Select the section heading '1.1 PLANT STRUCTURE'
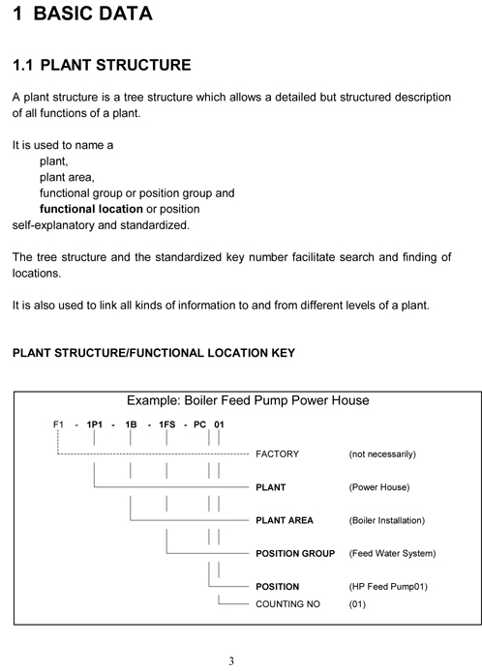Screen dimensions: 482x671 click(101, 66)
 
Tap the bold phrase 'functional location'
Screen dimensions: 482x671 click(91, 209)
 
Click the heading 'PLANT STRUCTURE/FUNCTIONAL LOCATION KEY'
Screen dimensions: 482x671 click(153, 353)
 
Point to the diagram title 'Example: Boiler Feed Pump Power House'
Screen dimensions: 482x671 click(248, 400)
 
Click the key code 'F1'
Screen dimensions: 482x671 click(58, 424)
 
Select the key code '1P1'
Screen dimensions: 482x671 click(94, 424)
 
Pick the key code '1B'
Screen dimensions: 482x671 click(130, 424)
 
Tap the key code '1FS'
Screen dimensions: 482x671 click(166, 424)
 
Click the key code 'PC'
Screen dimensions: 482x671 click(199, 424)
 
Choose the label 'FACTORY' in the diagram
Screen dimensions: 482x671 click(277, 453)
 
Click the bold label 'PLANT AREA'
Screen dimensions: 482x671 click(284, 520)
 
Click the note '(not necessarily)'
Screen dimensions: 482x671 click(381, 453)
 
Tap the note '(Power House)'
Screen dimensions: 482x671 click(378, 487)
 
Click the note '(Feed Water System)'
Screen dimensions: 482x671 click(392, 554)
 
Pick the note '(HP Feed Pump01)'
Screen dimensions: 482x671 click(387, 587)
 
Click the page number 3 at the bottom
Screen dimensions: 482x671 click(231, 661)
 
